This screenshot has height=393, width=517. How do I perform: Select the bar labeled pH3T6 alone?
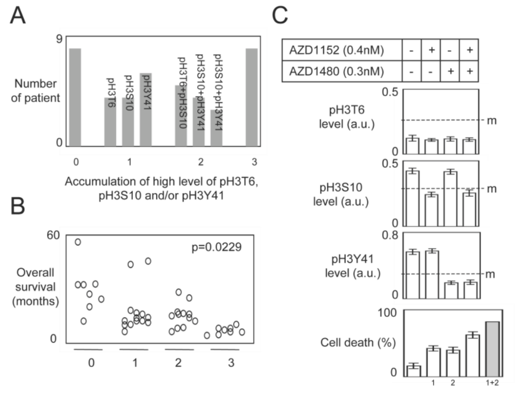pos(110,122)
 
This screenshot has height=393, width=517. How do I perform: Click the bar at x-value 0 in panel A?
pos(75,97)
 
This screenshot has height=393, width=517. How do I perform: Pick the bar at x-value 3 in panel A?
pos(252,97)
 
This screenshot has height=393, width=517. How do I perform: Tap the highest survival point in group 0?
pos(78,242)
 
